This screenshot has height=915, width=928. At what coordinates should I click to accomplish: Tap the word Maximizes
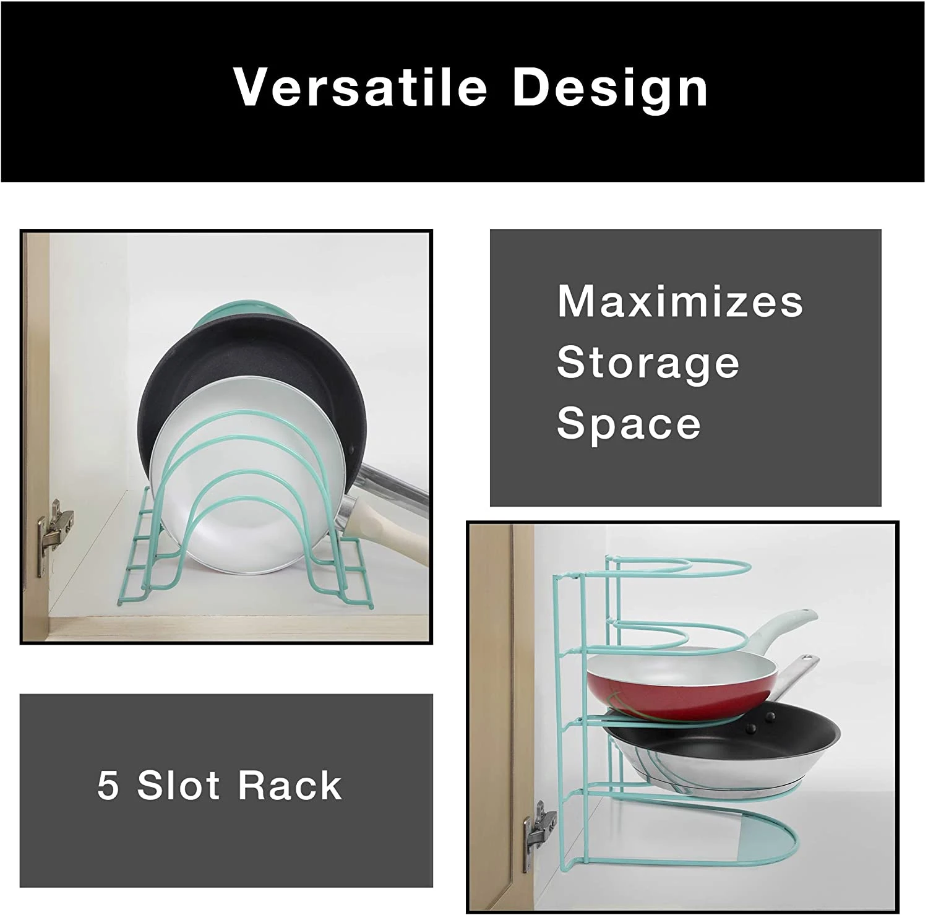click(x=680, y=301)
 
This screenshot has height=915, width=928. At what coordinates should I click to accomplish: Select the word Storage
click(x=648, y=363)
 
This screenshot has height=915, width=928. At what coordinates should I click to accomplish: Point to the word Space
click(x=629, y=424)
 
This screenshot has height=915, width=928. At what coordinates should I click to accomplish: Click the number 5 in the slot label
click(x=108, y=786)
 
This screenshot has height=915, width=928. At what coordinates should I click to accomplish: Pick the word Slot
click(x=178, y=786)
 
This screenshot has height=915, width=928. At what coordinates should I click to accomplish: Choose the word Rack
click(x=290, y=786)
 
